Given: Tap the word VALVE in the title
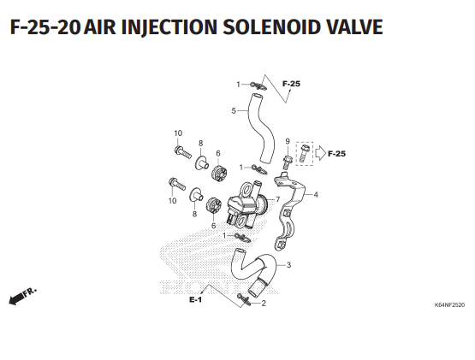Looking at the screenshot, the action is tap(354, 27).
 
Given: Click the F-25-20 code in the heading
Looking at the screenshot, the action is tap(45, 27).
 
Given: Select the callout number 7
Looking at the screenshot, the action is tap(277, 199).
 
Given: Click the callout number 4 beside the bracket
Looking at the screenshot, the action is tap(316, 194).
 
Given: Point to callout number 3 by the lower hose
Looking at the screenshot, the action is tap(288, 265).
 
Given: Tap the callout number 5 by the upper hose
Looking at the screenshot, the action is tap(234, 111).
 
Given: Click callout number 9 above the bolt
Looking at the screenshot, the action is tap(288, 141).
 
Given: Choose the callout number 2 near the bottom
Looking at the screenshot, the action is tap(264, 303).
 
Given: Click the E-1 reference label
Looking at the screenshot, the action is tap(195, 300).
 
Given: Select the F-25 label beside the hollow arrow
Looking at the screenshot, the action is tap(336, 154).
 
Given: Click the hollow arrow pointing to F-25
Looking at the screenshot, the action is tap(320, 153).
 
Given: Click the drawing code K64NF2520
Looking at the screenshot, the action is tap(449, 305).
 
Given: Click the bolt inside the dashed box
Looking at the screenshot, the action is tap(305, 153).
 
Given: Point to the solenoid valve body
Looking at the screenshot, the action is tap(246, 205).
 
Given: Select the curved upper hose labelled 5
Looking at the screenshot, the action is tap(260, 128).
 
